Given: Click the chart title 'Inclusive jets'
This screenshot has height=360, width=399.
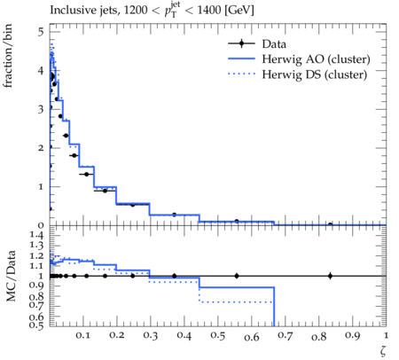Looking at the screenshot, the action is [83, 11].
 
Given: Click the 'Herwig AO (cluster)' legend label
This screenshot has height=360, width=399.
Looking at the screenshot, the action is [316, 59].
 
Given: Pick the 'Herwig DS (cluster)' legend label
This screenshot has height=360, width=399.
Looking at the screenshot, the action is [315, 74].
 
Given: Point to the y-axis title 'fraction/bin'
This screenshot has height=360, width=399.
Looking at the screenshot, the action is [8, 56].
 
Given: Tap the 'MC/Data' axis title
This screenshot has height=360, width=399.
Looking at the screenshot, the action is [11, 276].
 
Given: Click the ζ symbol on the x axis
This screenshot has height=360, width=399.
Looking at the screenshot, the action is [383, 350].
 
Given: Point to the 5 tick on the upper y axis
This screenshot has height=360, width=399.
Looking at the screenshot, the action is [41, 32].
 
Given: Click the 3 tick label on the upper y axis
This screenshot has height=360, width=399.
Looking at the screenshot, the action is [41, 109].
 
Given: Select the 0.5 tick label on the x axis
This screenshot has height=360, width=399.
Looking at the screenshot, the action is [217, 336].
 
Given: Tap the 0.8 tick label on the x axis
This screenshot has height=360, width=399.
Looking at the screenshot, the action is [318, 337].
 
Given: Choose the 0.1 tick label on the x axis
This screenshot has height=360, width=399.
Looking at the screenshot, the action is [83, 335].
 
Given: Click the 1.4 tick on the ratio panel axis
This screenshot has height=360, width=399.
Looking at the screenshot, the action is [36, 236].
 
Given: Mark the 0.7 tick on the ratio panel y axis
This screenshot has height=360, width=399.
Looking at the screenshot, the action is [36, 304].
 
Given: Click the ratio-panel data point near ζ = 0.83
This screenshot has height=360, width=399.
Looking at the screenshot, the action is [331, 276].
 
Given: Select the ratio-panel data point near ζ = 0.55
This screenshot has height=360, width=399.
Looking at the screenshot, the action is [237, 276].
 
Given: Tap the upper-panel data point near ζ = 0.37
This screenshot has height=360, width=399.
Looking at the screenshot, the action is [174, 215].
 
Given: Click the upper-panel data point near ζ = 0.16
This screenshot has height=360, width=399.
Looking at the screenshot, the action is [105, 191].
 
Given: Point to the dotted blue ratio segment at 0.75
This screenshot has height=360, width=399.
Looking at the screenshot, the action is [237, 302].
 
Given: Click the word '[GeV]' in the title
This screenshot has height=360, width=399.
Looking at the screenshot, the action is [239, 11].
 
